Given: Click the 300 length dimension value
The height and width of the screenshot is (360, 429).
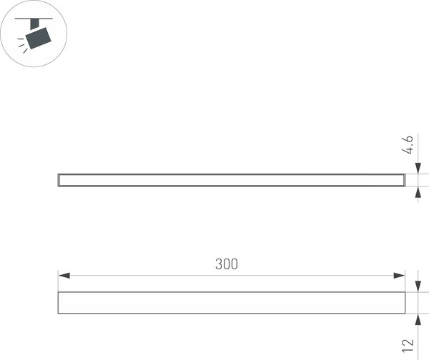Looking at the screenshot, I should [226, 264].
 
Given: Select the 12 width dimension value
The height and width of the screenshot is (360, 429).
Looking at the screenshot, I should [408, 344].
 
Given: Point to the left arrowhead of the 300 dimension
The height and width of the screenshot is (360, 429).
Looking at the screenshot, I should [62, 276].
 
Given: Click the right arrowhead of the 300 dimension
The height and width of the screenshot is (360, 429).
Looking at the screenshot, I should [400, 276].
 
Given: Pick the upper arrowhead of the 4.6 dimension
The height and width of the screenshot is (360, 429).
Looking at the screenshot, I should [418, 169].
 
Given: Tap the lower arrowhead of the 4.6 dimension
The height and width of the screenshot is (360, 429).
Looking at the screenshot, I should [418, 191].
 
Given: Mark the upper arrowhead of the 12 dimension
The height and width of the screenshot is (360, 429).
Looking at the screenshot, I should [418, 288].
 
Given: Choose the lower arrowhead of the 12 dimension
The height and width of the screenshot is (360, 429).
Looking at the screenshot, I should [418, 318].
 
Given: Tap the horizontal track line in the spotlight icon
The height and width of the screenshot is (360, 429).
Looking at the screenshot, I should [32, 18].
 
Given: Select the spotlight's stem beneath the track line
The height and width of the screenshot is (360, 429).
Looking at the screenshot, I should [33, 24].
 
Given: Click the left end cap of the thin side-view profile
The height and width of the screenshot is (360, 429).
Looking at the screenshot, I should [59, 180].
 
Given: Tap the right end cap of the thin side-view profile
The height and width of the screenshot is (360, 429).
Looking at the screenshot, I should [404, 180].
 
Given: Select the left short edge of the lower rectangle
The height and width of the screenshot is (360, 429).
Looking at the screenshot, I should [58, 303].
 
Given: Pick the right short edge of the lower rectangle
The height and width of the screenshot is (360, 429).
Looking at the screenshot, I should [405, 303].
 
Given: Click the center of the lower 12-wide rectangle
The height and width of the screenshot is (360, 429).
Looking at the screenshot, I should [231, 303].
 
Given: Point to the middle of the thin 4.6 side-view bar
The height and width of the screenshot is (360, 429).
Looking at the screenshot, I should [231, 180].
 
